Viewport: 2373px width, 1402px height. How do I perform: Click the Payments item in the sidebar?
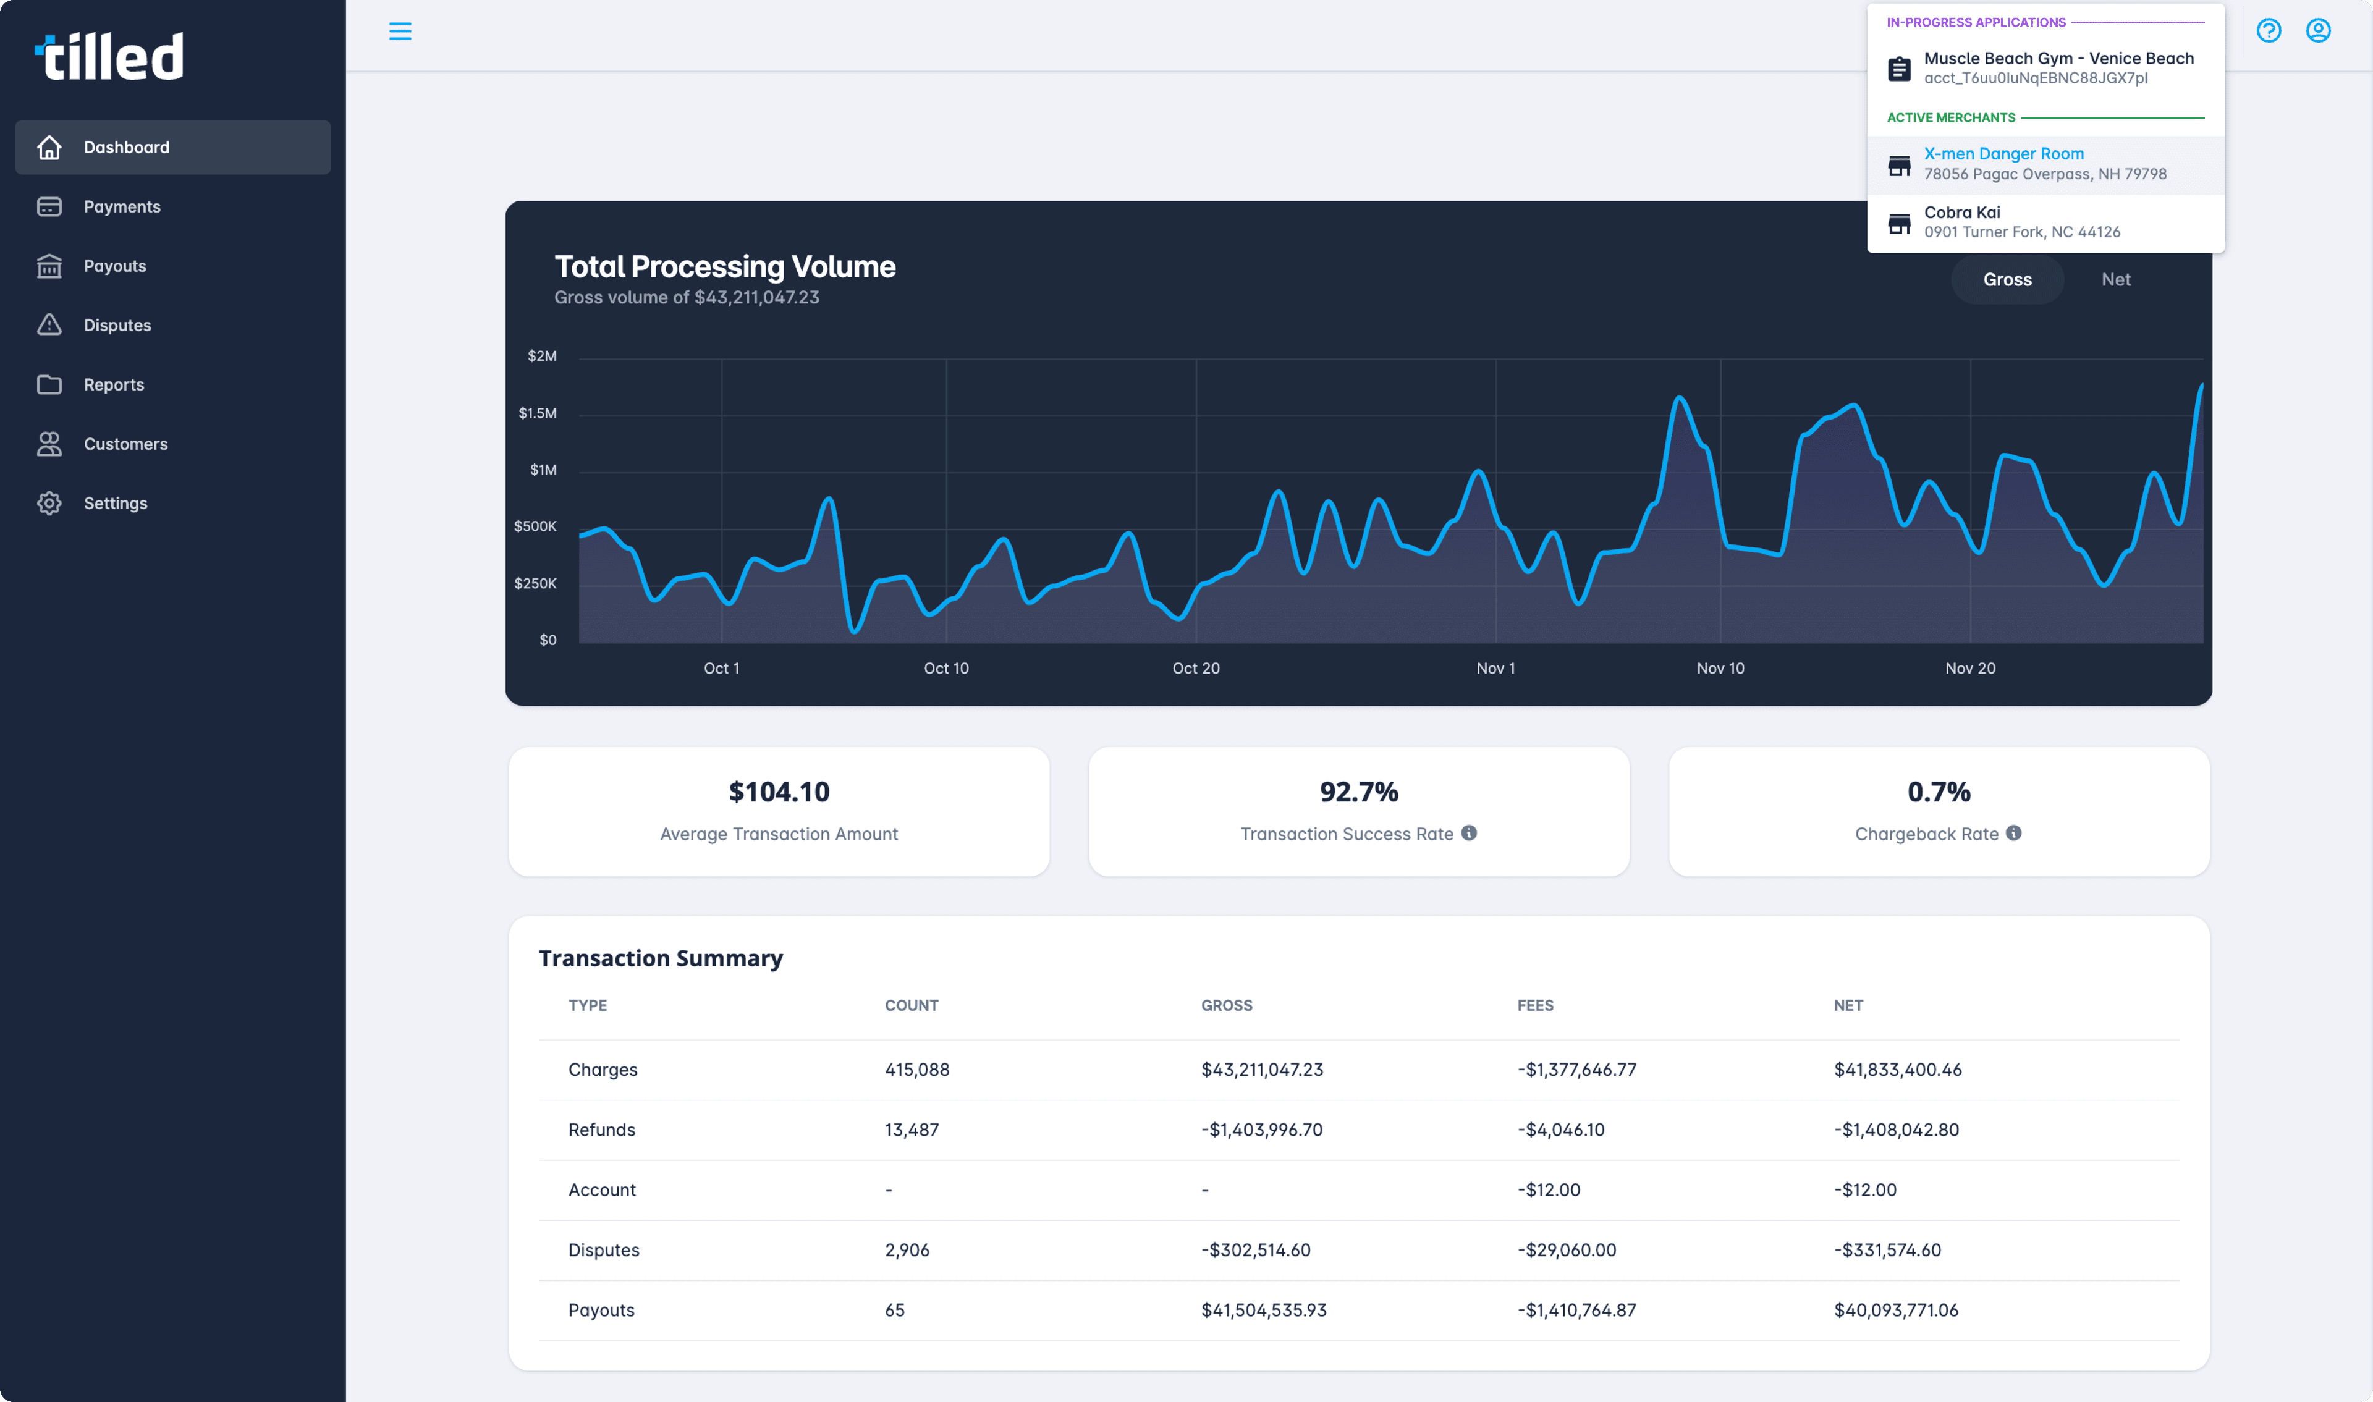point(121,207)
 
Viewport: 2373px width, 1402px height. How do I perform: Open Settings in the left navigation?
point(114,504)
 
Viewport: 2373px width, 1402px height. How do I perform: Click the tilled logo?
point(109,57)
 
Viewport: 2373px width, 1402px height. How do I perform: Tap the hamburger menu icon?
point(400,31)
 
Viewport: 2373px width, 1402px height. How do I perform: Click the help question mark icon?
point(2268,31)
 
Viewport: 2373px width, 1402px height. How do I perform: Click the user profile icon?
point(2317,31)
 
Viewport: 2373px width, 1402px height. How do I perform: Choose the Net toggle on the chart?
point(2115,280)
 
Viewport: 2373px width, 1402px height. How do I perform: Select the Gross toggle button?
point(2007,280)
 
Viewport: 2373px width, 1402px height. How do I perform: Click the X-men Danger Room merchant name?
point(2003,154)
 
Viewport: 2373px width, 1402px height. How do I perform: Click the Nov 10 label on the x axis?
point(1719,668)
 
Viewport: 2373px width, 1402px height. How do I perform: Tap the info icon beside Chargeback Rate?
point(2013,834)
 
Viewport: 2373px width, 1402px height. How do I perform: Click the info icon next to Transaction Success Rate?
point(1468,834)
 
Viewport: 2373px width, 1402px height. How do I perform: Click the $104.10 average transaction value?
point(779,792)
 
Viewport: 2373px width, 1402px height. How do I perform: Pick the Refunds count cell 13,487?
point(911,1130)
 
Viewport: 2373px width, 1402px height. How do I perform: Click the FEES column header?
point(1534,1005)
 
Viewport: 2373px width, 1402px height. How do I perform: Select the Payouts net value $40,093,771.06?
point(1895,1311)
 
